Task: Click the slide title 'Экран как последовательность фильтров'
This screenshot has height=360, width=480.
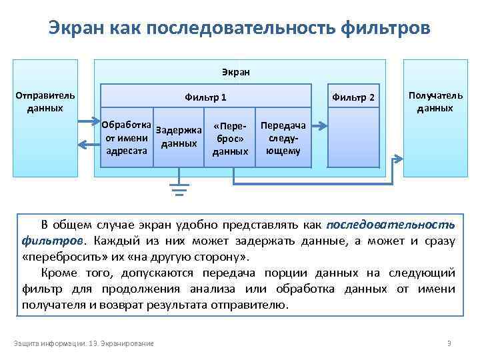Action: [x=239, y=29]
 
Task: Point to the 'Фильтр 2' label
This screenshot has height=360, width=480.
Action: [x=353, y=98]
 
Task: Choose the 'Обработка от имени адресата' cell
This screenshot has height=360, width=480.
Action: [x=127, y=138]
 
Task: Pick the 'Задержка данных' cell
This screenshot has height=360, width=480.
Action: [x=179, y=138]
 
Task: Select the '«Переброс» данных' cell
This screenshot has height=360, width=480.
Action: [x=230, y=138]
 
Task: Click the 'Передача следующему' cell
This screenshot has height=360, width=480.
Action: [x=283, y=138]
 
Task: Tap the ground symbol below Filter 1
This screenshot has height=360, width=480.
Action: [x=178, y=189]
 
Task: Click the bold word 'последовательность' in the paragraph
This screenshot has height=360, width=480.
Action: [x=391, y=223]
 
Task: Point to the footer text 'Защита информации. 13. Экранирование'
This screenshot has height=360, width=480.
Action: [x=84, y=343]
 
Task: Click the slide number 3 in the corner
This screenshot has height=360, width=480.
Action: [x=449, y=343]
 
